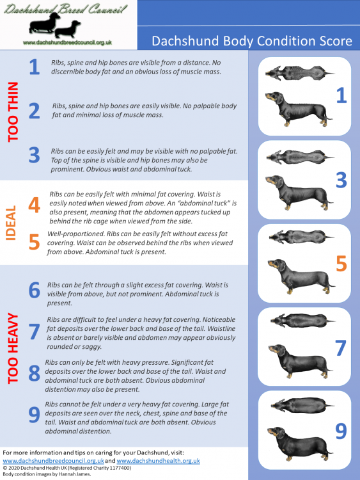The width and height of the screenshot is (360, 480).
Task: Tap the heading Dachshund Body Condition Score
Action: point(251,42)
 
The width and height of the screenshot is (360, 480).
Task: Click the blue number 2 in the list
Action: point(35,110)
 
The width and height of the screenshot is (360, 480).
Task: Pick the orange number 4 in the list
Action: point(35,204)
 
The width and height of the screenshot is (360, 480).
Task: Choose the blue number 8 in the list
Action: point(35,374)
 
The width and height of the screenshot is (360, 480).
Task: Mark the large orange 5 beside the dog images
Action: point(341,262)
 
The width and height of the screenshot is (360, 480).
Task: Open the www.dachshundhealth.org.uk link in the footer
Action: point(159,460)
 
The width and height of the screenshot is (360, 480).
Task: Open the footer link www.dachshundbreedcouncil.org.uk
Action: point(53,460)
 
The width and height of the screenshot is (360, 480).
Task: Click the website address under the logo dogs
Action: point(67,42)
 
